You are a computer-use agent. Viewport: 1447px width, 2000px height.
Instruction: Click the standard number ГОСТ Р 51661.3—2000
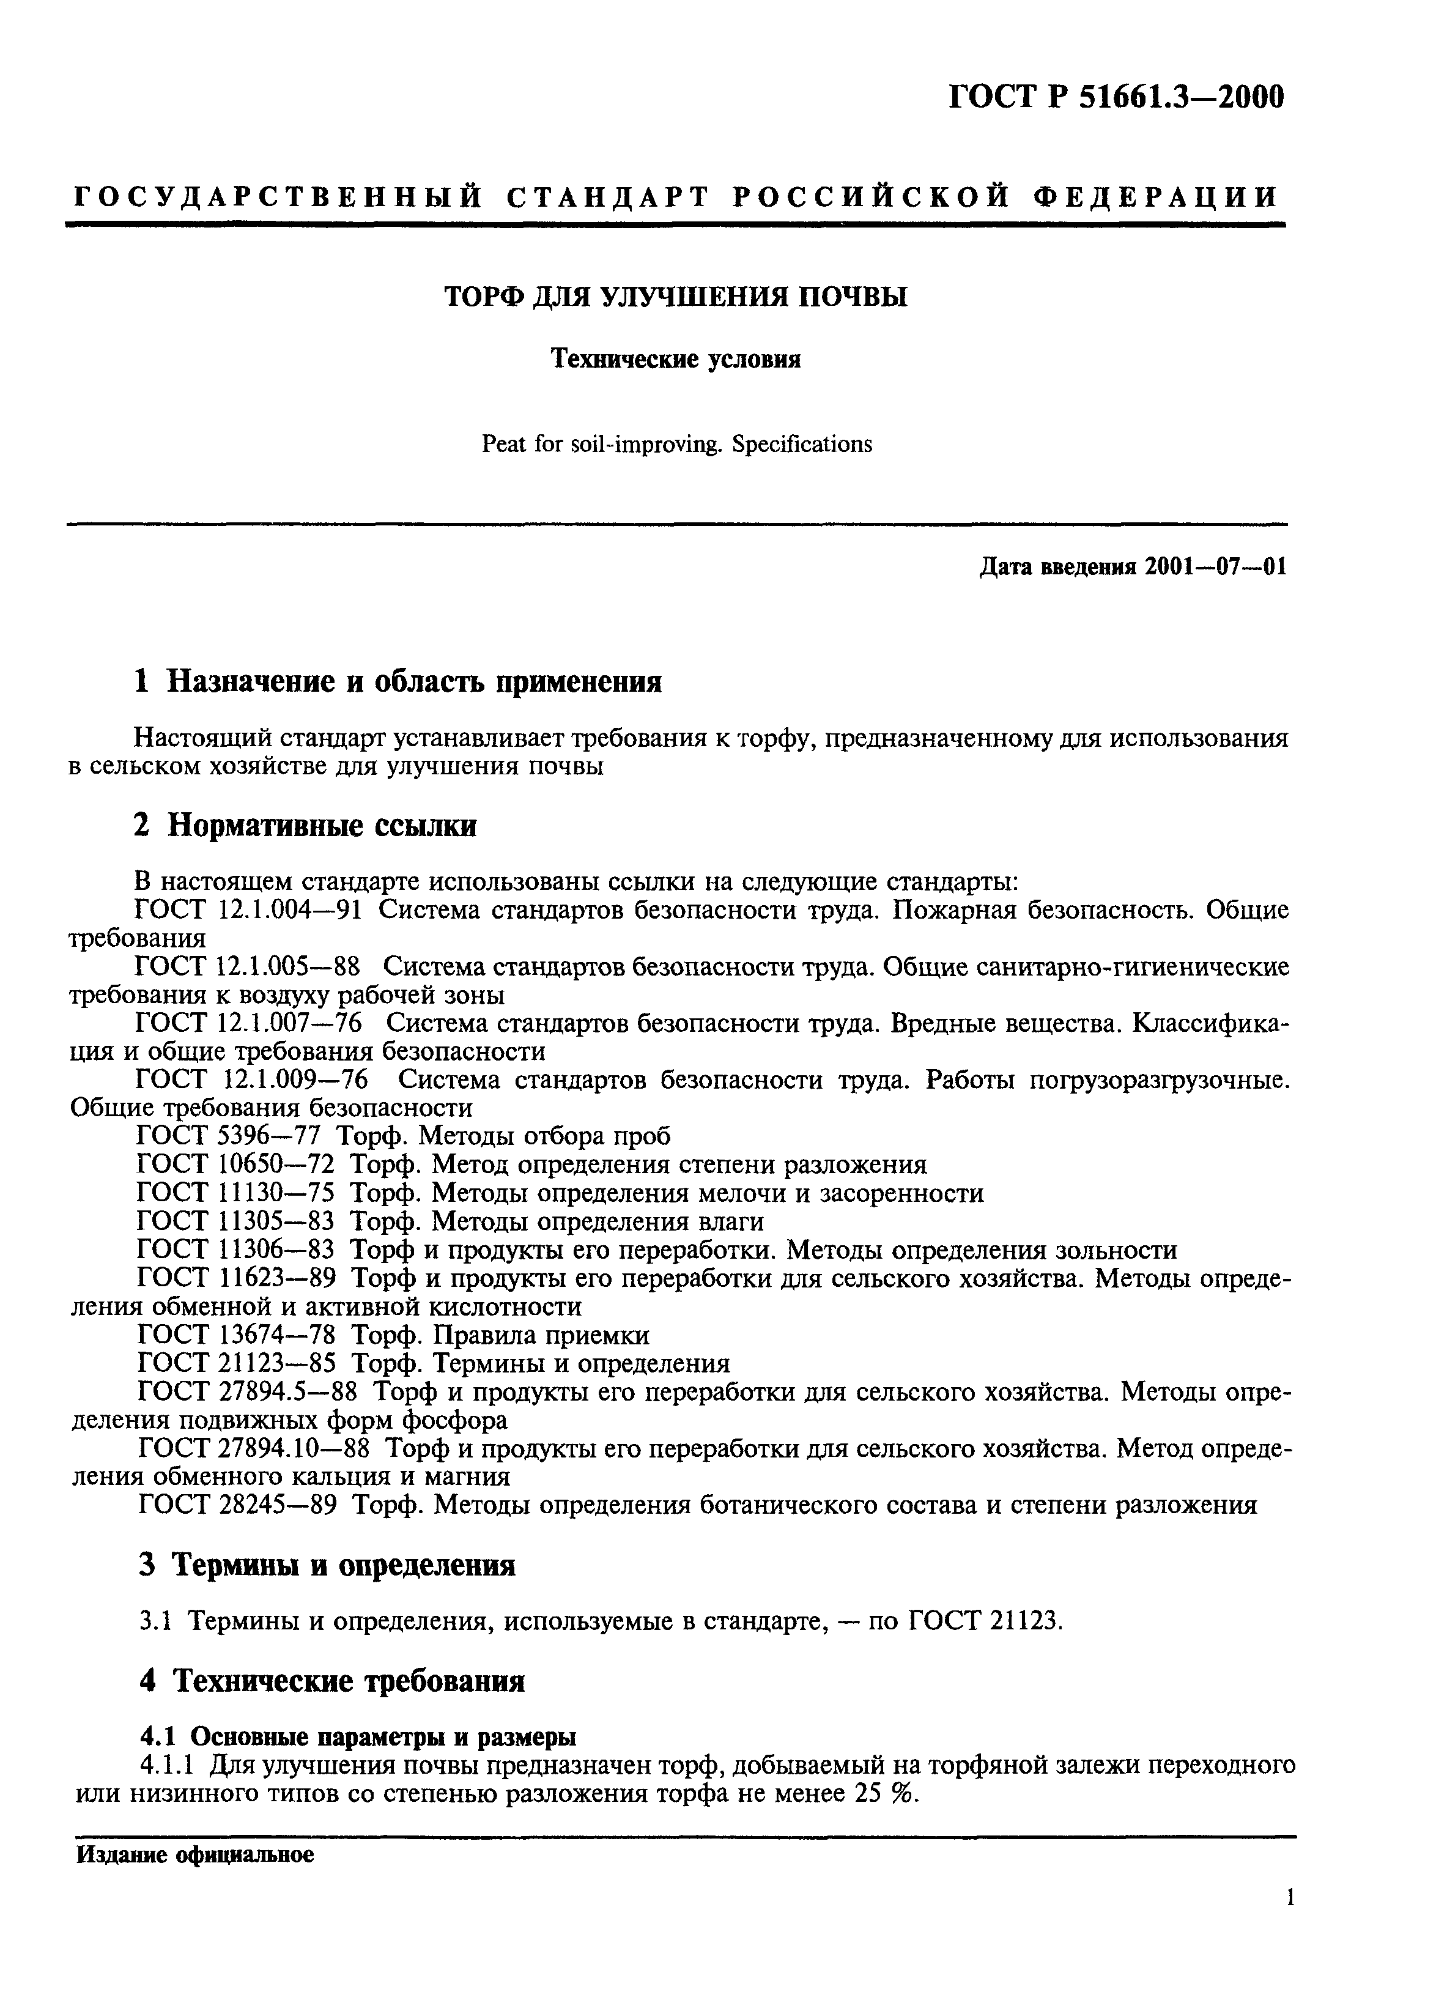[1116, 97]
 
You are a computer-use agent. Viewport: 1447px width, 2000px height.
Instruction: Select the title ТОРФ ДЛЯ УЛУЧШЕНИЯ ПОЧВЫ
[675, 297]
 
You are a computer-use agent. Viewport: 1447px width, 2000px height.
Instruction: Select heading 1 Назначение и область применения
[398, 682]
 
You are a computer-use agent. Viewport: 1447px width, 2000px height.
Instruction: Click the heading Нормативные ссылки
[322, 826]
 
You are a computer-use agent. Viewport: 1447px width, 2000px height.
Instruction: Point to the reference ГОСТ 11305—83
[236, 1221]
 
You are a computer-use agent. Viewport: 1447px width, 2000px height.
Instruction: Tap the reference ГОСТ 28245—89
[236, 1505]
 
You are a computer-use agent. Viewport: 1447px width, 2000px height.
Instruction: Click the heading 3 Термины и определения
[327, 1565]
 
